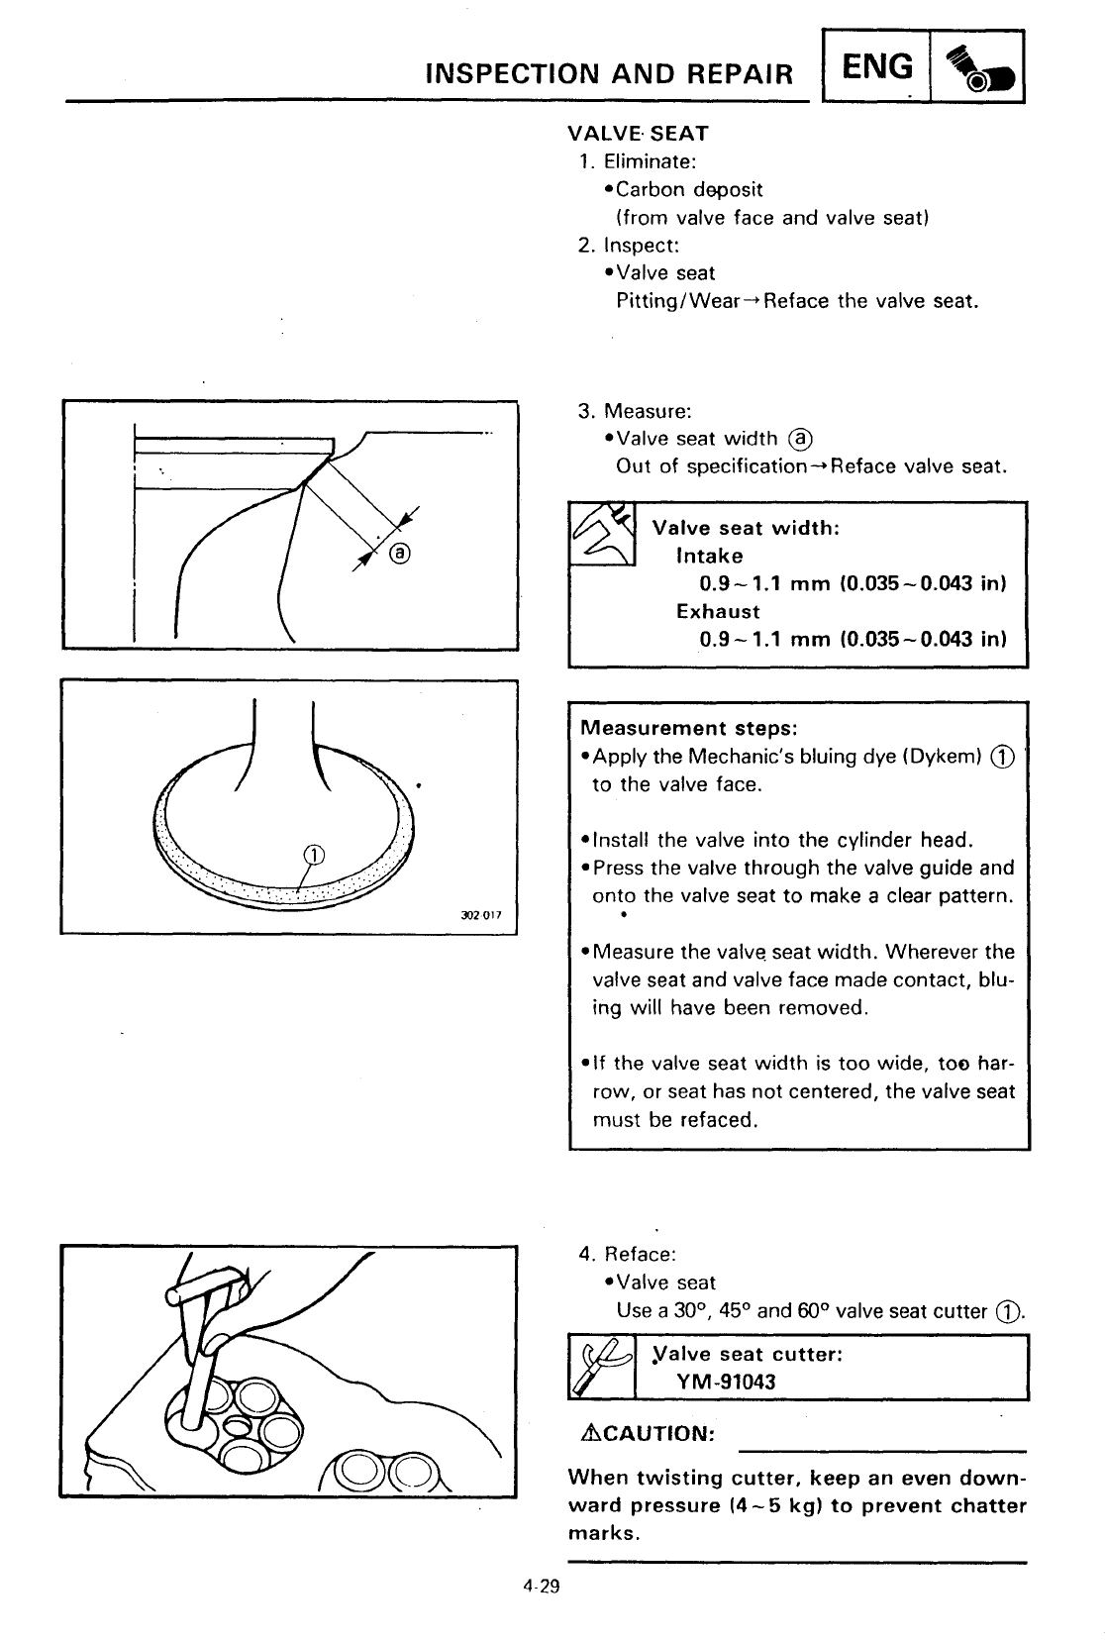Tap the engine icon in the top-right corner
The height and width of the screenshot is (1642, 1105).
(976, 68)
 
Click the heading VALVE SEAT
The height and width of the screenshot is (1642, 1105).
(638, 133)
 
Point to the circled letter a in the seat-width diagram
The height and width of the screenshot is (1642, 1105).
(400, 553)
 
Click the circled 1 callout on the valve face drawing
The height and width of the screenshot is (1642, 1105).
(312, 854)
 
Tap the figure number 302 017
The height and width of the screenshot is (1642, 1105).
(482, 914)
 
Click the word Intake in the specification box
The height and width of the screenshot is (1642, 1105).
(709, 556)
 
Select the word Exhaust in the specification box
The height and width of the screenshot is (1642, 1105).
(718, 611)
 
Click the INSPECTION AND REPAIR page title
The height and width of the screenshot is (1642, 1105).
(609, 74)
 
